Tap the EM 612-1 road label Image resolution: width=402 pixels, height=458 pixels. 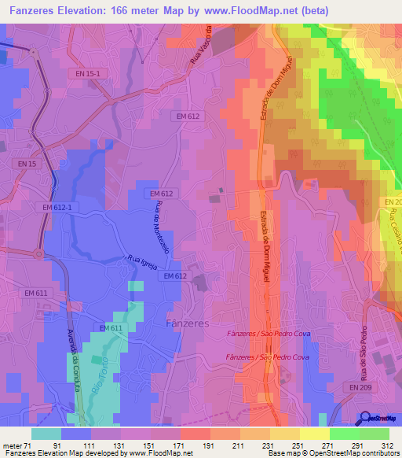tap(57, 207)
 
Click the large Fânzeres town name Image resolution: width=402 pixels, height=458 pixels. tap(188, 323)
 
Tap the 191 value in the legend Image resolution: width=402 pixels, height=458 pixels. tap(210, 445)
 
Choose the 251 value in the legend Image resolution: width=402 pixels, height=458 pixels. tap(299, 445)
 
